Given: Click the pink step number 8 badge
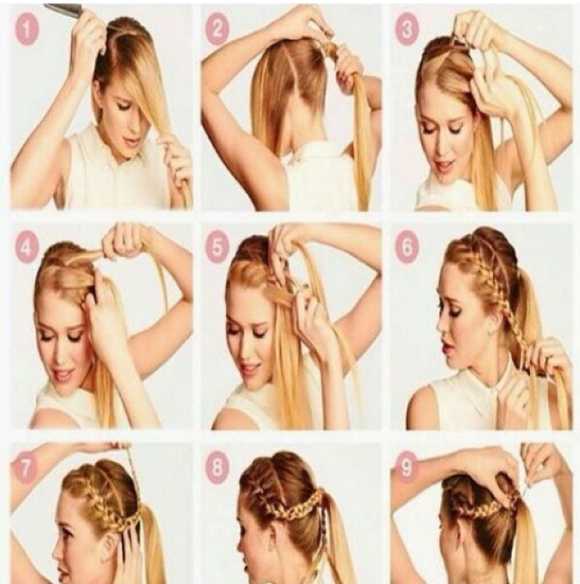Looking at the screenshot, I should click(217, 465).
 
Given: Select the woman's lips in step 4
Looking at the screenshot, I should click(62, 374).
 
